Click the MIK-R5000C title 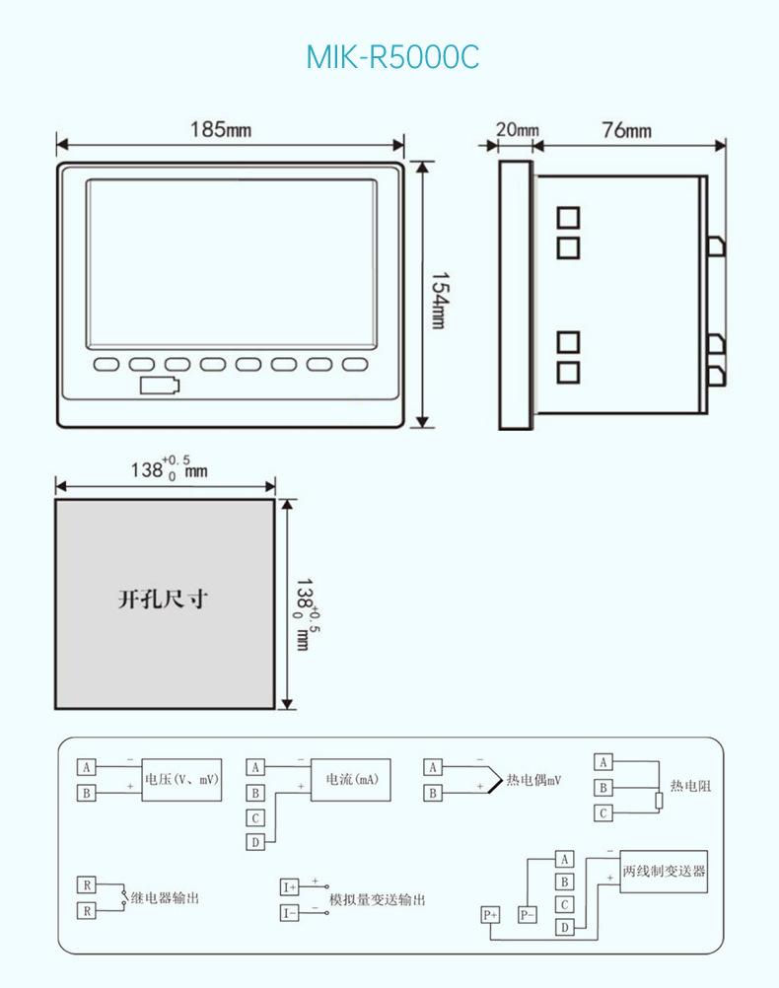(x=392, y=57)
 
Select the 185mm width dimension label (x=221, y=130)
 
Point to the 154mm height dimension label (x=439, y=301)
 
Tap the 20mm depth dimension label (x=517, y=130)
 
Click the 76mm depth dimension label (x=626, y=130)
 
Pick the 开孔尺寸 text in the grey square (x=163, y=599)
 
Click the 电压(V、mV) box (x=181, y=780)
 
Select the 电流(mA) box (x=351, y=780)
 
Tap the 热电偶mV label (x=533, y=781)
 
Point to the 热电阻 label (x=690, y=786)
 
